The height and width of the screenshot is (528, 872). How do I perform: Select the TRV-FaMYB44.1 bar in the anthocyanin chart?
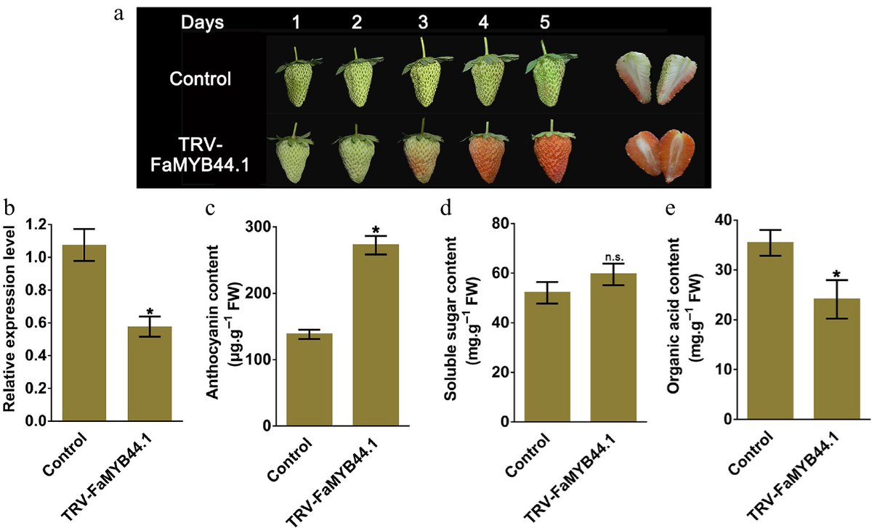[376, 335]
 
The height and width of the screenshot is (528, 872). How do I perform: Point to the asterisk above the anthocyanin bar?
[376, 230]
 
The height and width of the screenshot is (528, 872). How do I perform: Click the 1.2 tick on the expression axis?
[34, 224]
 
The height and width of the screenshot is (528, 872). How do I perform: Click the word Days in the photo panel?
[203, 23]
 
